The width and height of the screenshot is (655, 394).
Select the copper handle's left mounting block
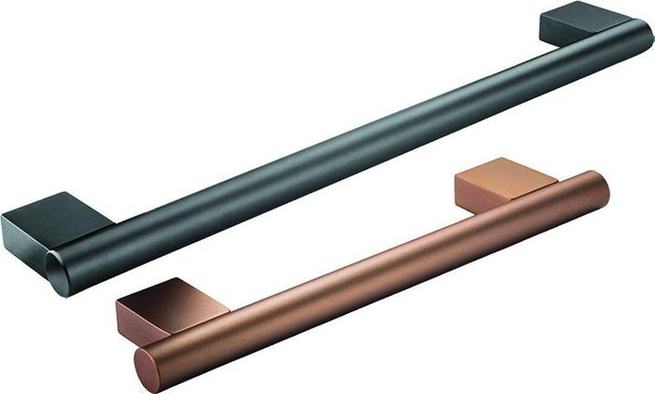click(x=159, y=305)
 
